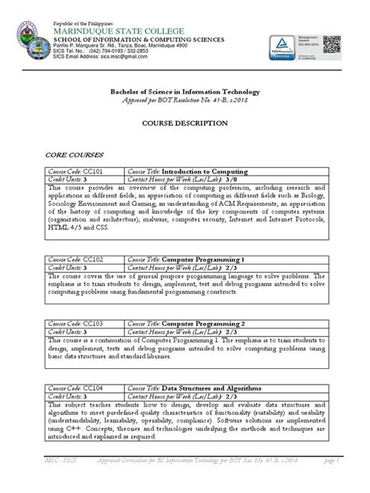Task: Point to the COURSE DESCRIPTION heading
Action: coord(184,123)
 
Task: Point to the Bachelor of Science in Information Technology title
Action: coord(184,92)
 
